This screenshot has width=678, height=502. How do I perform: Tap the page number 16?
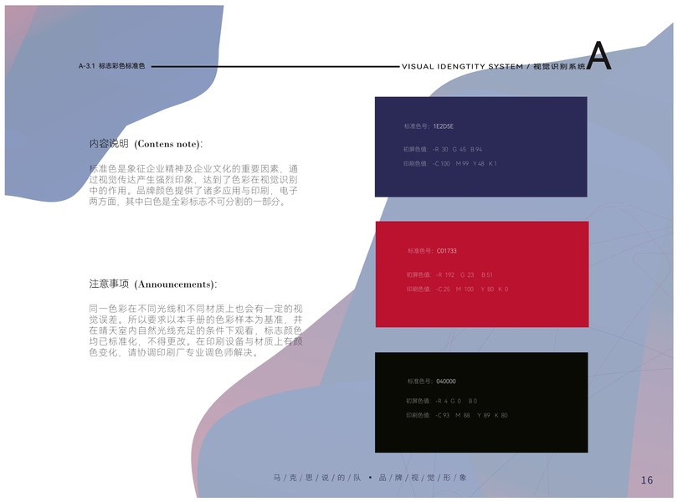pos(647,479)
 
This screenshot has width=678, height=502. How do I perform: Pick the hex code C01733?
pos(446,251)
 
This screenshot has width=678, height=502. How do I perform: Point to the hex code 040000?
pos(446,382)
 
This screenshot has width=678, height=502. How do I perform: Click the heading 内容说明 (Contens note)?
pos(146,144)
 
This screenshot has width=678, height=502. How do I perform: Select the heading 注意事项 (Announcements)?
pos(153,284)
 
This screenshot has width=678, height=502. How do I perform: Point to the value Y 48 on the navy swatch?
pos(479,164)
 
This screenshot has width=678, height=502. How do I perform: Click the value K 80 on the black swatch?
pos(501,416)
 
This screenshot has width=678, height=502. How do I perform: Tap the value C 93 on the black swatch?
pos(444,416)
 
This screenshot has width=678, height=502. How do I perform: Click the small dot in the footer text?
pos(369,478)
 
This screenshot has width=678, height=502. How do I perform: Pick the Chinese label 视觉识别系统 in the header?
pos(559,65)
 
